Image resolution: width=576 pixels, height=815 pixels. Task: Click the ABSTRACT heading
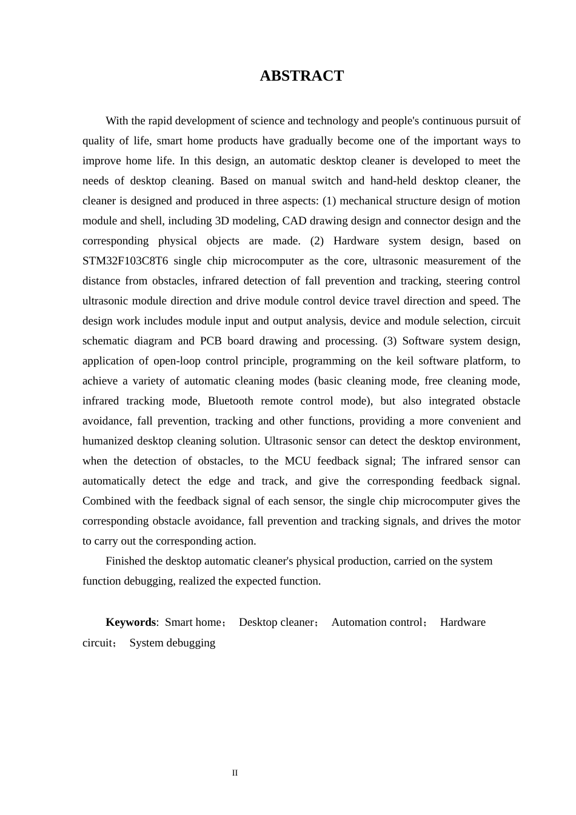(301, 76)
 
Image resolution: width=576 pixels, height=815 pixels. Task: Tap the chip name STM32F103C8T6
(125, 261)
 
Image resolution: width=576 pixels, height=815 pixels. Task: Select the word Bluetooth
(230, 401)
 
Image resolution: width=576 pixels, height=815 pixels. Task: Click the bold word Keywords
(130, 622)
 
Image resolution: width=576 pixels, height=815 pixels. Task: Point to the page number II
(235, 773)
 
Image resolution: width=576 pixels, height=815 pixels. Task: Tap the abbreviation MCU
(297, 461)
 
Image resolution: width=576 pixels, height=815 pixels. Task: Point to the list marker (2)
(318, 241)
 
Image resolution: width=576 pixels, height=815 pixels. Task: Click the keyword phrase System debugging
(172, 643)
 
